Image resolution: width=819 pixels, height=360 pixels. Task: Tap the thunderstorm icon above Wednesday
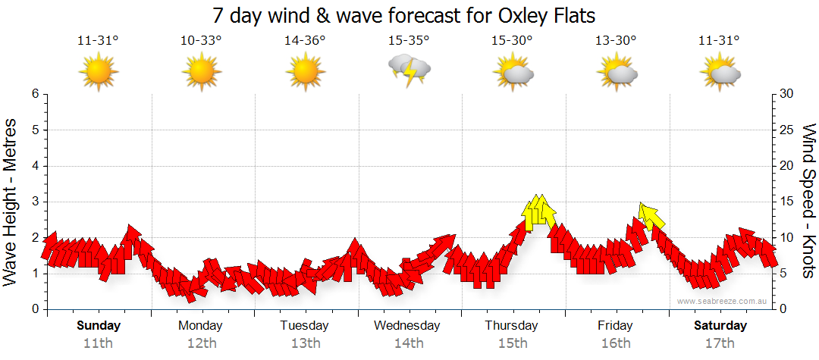coord(409,70)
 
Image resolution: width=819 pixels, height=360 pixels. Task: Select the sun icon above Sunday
coord(99,73)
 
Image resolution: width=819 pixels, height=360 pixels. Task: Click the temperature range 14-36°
coord(305,41)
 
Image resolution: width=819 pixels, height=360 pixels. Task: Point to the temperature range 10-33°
coord(201,41)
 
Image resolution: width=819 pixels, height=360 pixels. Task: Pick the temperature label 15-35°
coord(409,41)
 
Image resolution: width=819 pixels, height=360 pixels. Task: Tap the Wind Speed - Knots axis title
coord(808,201)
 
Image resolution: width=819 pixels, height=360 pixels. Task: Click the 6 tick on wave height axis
coord(34,94)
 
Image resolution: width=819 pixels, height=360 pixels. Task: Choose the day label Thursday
coord(512,326)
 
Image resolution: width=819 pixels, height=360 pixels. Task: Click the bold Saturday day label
coord(720,326)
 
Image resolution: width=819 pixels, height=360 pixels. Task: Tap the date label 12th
coord(201,343)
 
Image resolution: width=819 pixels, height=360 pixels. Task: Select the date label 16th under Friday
coord(616,343)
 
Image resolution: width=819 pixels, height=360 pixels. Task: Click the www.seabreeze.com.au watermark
coord(723,302)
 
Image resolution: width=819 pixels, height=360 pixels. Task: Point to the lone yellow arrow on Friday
coord(651,216)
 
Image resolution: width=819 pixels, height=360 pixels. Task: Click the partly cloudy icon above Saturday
coord(720,73)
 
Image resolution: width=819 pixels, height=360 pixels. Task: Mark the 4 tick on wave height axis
coord(34,166)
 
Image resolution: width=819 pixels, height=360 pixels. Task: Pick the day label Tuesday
coord(305,326)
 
